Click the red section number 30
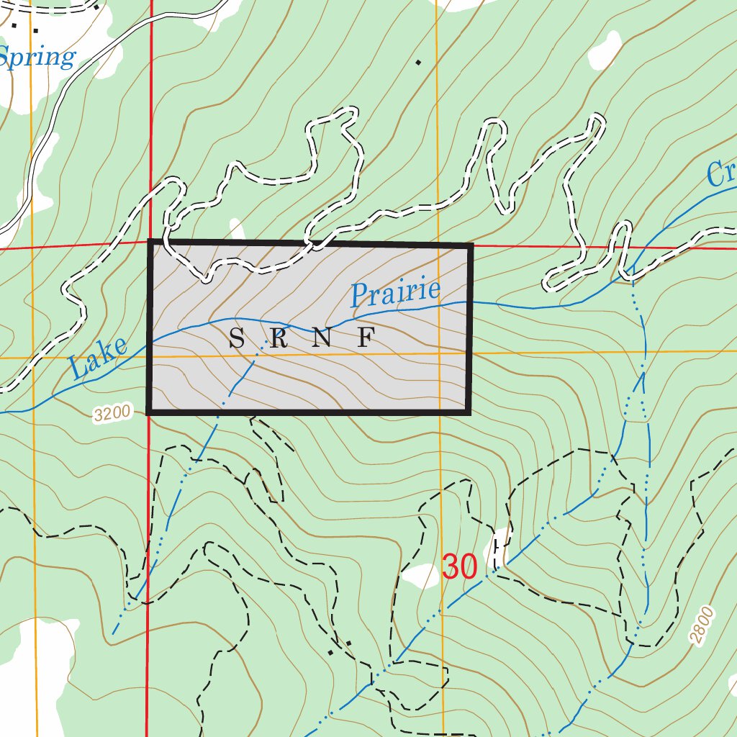tap(459, 567)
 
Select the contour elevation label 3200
tap(113, 413)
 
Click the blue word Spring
tap(37, 58)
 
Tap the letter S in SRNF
tap(236, 338)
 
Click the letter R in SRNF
tap(279, 338)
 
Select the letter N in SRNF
tap(322, 338)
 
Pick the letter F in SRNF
tap(366, 338)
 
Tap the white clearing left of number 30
tap(421, 575)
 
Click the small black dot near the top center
tap(418, 63)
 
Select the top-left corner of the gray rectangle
tap(150, 243)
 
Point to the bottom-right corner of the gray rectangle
tap(469, 412)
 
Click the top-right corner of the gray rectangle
tap(471, 246)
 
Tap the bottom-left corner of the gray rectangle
tap(149, 412)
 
